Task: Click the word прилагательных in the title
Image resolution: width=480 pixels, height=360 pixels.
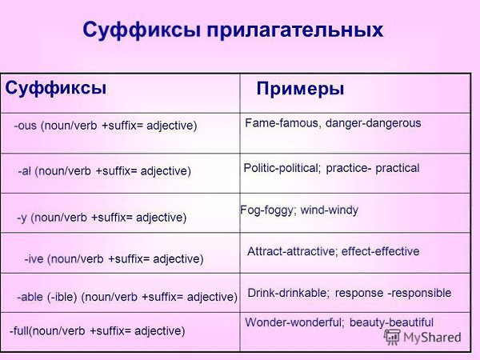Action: (294, 30)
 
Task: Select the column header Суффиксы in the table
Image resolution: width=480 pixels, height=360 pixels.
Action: (56, 88)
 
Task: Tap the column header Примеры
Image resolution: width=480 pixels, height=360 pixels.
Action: (300, 90)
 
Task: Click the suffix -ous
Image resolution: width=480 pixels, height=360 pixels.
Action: (25, 126)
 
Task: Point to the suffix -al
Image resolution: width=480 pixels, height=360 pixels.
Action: (25, 171)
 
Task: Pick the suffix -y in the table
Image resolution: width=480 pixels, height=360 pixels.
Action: (22, 218)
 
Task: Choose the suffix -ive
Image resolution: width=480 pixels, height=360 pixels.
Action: (34, 259)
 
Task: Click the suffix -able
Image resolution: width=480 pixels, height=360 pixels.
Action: (30, 297)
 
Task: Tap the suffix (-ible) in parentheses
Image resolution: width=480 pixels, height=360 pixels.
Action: (62, 297)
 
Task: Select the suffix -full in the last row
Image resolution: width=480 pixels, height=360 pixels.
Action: (19, 330)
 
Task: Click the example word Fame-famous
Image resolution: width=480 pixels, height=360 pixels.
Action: (282, 123)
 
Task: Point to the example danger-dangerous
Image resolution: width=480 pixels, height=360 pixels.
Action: (373, 123)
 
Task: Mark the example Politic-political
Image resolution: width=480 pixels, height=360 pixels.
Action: (281, 168)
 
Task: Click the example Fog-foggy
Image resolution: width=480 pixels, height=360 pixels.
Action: (267, 210)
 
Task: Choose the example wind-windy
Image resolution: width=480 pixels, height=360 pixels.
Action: (330, 210)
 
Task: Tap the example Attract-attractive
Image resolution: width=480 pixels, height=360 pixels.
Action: (291, 251)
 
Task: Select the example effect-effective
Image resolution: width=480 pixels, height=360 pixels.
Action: (380, 251)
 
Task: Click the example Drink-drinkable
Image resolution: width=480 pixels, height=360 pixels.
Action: (287, 293)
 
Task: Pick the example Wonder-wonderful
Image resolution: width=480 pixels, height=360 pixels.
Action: (293, 322)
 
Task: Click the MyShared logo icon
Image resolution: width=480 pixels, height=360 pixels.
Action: (392, 337)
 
